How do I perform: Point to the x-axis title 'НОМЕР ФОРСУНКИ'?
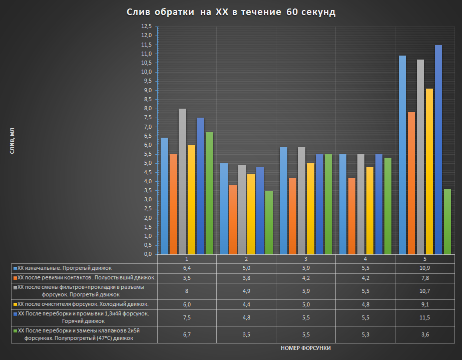tap(306, 347)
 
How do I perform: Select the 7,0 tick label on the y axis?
tap(146, 127)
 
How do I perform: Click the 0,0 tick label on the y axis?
tap(146, 254)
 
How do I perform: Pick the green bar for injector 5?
tap(447, 221)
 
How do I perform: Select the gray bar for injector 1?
tap(182, 181)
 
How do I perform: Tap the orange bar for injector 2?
tap(233, 219)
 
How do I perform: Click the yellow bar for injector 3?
tap(310, 208)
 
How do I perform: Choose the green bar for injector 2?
tap(269, 222)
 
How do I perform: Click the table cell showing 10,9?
tap(424, 268)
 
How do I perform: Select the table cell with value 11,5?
tap(424, 317)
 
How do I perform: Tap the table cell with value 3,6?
tap(424, 334)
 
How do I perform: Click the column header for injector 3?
tap(305, 259)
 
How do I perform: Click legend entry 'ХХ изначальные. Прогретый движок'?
tap(65, 268)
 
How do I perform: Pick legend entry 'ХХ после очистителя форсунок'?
tap(83, 304)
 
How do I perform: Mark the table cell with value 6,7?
tap(187, 334)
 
